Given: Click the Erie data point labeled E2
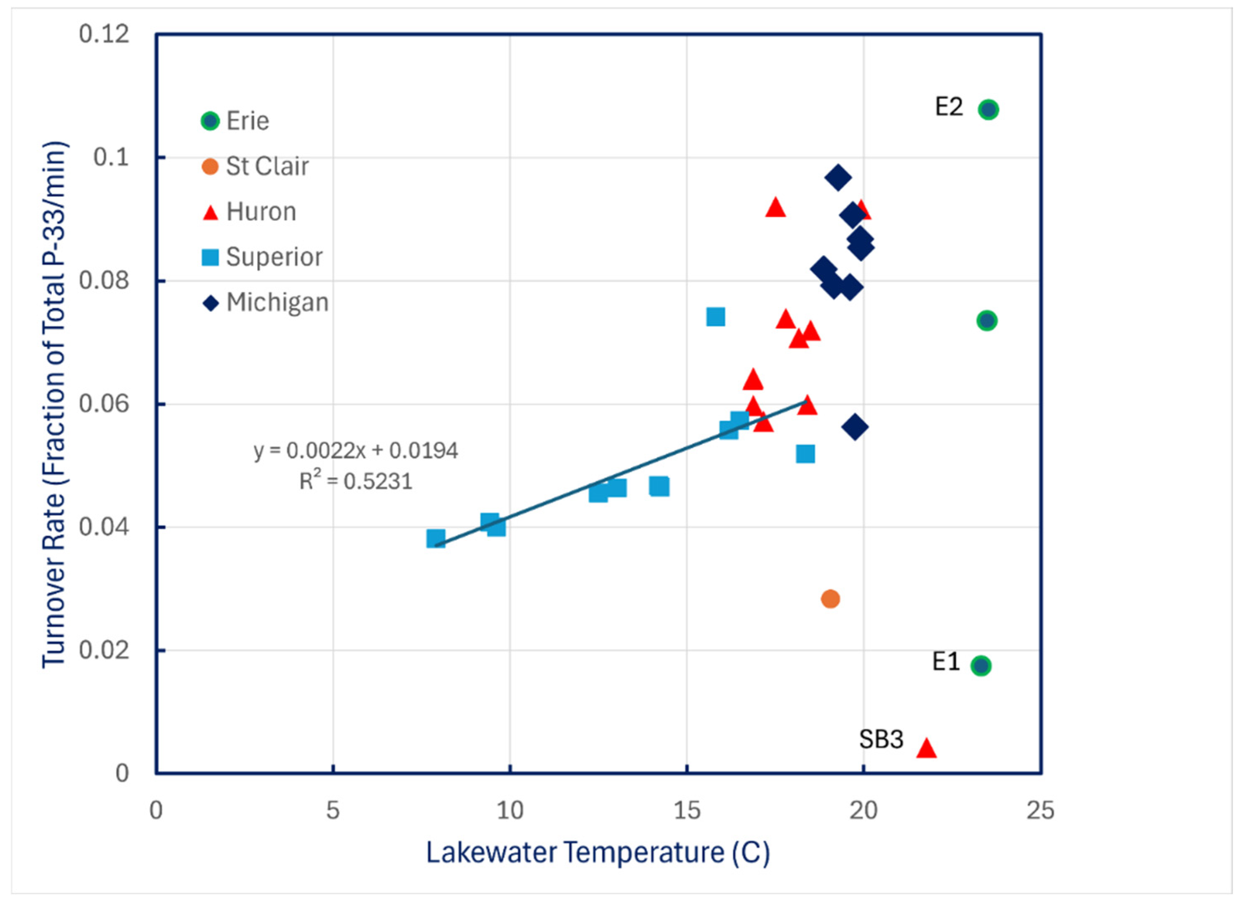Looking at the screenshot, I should tap(988, 110).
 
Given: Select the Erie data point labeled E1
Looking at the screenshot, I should tap(981, 665).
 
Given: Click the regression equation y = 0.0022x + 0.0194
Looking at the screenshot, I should tap(356, 451).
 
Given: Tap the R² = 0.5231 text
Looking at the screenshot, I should tap(356, 481).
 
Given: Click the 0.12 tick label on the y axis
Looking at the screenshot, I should tap(104, 34).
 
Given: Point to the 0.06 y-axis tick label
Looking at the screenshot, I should tap(104, 404).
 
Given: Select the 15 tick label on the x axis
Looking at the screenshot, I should tap(687, 810).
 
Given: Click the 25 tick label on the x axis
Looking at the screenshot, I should tap(1040, 810).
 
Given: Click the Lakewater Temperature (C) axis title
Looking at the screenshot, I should tap(598, 852).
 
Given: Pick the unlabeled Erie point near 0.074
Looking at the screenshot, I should tap(987, 320).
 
